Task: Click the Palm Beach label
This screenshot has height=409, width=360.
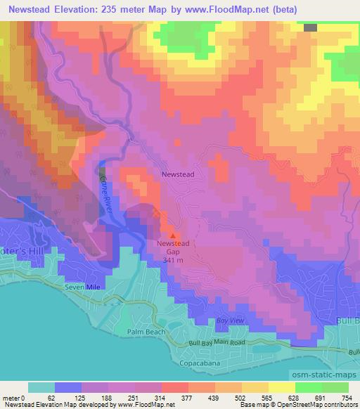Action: coord(143,331)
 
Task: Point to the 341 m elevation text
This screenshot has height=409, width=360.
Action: coord(173,259)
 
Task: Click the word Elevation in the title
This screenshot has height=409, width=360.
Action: coord(80,10)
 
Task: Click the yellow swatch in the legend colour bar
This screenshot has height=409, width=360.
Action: coord(281,387)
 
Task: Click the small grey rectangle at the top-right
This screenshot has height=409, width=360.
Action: coord(310,27)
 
